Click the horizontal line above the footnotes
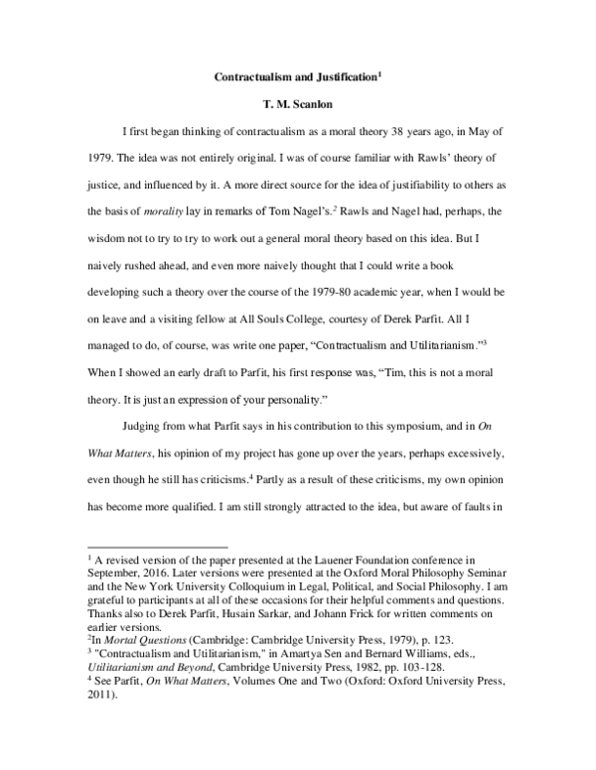point(159,546)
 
